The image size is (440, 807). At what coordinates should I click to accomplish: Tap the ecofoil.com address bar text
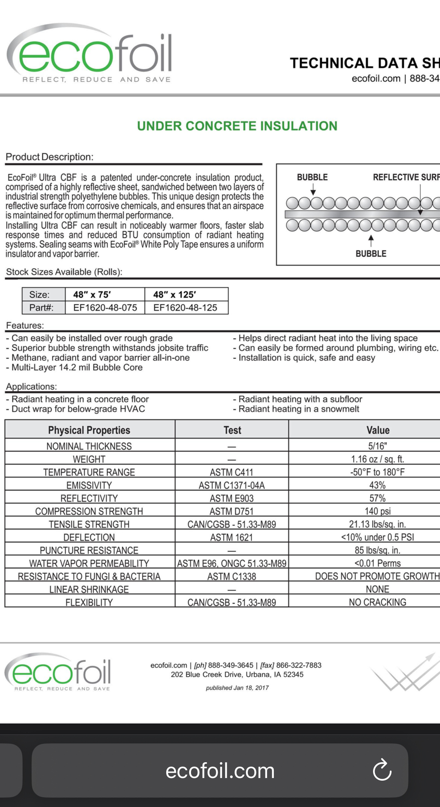pyautogui.click(x=220, y=771)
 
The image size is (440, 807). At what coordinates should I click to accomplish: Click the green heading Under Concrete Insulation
pyautogui.click(x=237, y=126)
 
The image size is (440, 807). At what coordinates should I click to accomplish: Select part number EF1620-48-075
pyautogui.click(x=105, y=308)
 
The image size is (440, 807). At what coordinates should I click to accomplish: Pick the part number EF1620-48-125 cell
pyautogui.click(x=185, y=308)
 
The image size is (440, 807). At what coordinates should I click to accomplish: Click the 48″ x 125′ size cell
pyautogui.click(x=174, y=295)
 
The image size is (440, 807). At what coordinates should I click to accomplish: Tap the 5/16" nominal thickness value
pyautogui.click(x=377, y=446)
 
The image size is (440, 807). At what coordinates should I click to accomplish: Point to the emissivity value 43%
pyautogui.click(x=377, y=485)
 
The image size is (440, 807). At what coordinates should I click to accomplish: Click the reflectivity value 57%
pyautogui.click(x=377, y=498)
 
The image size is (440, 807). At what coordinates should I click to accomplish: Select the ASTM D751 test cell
pyautogui.click(x=232, y=511)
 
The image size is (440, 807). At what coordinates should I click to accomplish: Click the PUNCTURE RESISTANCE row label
pyautogui.click(x=89, y=550)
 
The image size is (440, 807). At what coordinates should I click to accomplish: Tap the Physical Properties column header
pyautogui.click(x=89, y=430)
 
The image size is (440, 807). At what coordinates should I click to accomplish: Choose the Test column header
pyautogui.click(x=232, y=430)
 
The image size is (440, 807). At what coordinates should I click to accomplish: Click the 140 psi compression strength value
pyautogui.click(x=377, y=511)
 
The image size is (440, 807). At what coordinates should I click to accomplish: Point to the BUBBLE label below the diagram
pyautogui.click(x=371, y=254)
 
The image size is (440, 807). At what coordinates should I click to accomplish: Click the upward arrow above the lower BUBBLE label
pyautogui.click(x=371, y=240)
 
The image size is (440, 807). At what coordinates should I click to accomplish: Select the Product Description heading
pyautogui.click(x=50, y=157)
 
